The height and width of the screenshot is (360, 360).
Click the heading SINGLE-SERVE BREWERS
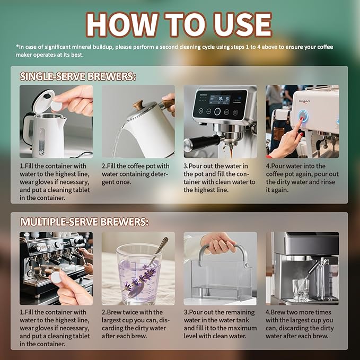[78, 76]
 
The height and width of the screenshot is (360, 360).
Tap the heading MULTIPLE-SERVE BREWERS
[84, 222]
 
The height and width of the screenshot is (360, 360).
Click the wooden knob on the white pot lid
[138, 104]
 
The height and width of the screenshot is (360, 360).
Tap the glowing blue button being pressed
[303, 116]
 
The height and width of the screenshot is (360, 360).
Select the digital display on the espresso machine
[219, 100]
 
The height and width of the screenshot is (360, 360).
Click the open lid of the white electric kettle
[43, 101]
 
